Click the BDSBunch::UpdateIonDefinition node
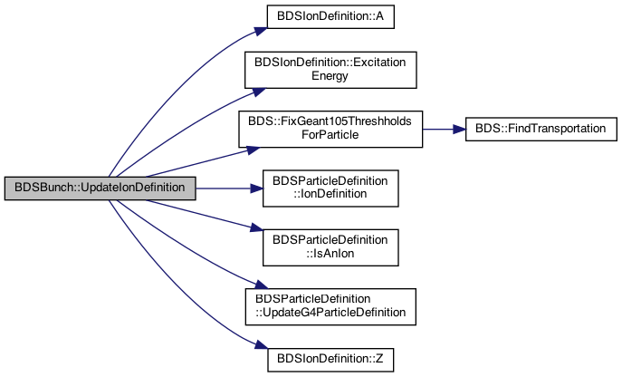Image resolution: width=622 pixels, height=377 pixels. click(x=100, y=188)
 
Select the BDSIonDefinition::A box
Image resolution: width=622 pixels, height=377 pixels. click(x=330, y=16)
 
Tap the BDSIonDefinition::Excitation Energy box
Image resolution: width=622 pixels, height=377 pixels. click(x=330, y=70)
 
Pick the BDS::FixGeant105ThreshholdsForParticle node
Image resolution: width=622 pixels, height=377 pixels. click(x=330, y=129)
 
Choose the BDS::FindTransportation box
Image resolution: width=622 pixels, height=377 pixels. click(x=541, y=129)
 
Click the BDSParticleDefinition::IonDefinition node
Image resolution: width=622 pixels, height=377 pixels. click(x=330, y=188)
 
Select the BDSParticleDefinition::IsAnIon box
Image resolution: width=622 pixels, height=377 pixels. click(x=330, y=247)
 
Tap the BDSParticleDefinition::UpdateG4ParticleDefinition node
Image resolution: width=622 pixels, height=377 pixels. click(x=330, y=307)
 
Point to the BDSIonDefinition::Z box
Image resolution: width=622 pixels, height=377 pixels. click(x=330, y=360)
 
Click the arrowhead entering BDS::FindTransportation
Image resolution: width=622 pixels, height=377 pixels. click(x=459, y=129)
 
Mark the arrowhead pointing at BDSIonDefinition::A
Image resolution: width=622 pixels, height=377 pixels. click(x=261, y=31)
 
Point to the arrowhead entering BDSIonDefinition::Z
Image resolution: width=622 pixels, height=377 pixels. click(x=262, y=344)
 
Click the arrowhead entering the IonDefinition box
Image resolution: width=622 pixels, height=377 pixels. click(x=256, y=188)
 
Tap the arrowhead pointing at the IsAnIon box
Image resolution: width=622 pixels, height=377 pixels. click(x=257, y=228)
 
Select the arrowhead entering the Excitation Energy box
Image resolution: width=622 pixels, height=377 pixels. click(x=259, y=92)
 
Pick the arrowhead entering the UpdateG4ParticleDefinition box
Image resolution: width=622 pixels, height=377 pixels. click(x=262, y=285)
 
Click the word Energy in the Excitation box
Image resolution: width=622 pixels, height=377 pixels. click(x=330, y=76)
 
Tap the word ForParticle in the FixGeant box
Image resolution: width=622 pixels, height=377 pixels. click(x=330, y=135)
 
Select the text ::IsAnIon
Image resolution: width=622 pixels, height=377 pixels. click(x=330, y=254)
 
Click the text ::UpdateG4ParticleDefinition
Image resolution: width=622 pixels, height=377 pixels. click(x=330, y=313)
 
